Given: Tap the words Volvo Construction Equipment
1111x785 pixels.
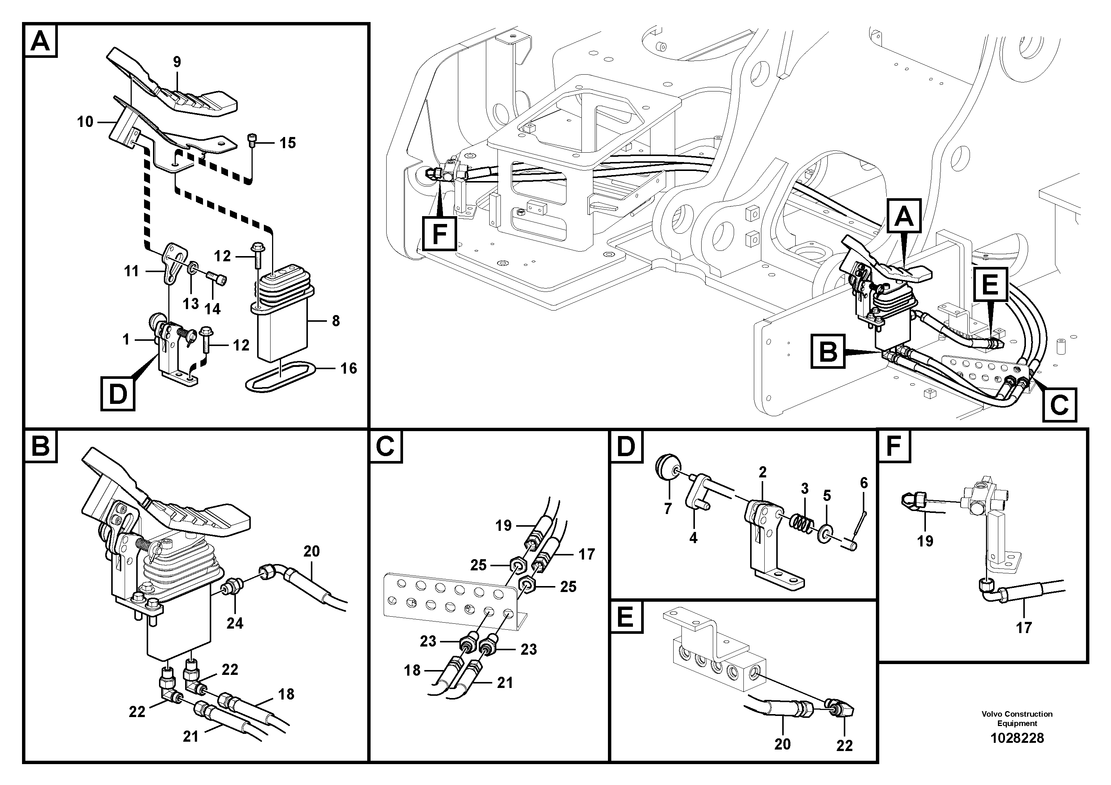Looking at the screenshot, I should click(1017, 719).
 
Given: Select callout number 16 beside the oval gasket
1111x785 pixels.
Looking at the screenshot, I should click(349, 368).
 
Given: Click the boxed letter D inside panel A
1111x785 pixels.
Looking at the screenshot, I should click(118, 395).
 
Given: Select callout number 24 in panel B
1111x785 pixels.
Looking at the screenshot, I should click(235, 623).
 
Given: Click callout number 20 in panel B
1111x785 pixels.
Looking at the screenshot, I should click(312, 551).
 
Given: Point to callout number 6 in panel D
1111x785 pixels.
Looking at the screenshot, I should click(864, 483).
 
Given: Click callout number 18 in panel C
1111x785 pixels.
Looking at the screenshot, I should click(412, 670).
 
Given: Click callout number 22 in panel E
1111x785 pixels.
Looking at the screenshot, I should click(845, 746).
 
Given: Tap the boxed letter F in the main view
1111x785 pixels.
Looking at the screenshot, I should click(439, 234).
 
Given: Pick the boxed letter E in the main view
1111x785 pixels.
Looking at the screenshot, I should click(990, 284).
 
